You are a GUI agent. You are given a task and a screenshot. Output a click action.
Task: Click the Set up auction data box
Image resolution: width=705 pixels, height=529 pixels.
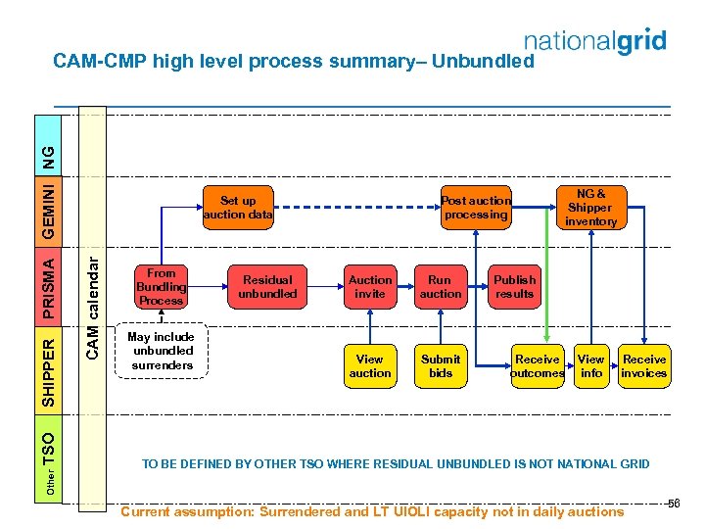point(238,208)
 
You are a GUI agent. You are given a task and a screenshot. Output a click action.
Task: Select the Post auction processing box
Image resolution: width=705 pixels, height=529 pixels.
point(476,208)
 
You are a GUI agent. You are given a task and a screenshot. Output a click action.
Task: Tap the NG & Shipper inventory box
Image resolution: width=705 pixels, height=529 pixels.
point(590,208)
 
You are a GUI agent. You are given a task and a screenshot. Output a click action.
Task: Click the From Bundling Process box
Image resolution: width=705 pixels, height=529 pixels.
point(161,287)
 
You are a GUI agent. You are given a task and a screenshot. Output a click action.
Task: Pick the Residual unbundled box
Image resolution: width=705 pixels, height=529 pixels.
point(267,287)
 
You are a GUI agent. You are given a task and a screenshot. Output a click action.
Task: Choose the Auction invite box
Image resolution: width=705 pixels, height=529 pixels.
point(370,287)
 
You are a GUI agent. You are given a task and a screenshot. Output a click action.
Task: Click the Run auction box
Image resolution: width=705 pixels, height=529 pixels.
point(441,287)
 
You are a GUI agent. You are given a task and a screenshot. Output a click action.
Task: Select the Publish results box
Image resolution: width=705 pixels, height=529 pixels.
point(514,287)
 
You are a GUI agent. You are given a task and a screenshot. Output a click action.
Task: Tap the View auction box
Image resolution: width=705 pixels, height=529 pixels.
point(370,365)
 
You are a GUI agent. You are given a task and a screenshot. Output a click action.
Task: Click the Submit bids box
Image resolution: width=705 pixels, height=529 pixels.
point(441,365)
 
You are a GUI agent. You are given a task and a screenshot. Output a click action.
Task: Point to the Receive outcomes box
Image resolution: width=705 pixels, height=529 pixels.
point(538,365)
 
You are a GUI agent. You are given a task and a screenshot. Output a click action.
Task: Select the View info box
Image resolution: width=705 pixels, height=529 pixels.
point(591,365)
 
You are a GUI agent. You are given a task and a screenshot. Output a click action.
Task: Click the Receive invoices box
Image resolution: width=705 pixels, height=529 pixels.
point(644,365)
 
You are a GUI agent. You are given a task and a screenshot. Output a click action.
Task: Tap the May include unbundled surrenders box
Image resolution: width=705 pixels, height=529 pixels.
point(162,352)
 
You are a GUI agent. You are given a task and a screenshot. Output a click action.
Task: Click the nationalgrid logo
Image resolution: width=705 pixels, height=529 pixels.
point(595,42)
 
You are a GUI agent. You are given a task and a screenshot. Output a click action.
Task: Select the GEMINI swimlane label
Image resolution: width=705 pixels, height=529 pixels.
point(49,208)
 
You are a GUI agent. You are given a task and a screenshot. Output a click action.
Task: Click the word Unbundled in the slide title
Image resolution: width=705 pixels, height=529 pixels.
point(484,62)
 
